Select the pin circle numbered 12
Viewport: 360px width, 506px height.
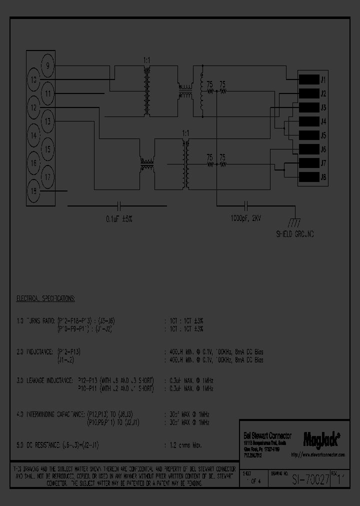pyautogui.click(x=33, y=107)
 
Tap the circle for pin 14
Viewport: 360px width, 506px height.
pyautogui.click(x=33, y=135)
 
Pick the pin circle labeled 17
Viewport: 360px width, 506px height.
pyautogui.click(x=48, y=176)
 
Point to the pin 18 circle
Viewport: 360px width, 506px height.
pyautogui.click(x=33, y=190)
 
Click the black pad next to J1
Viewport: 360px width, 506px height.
pyautogui.click(x=309, y=79)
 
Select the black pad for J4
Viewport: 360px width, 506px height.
pyautogui.click(x=309, y=121)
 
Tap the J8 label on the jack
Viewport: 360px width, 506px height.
pyautogui.click(x=323, y=177)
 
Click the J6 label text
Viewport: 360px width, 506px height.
pyautogui.click(x=323, y=149)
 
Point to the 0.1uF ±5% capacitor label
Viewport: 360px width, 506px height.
pyautogui.click(x=119, y=219)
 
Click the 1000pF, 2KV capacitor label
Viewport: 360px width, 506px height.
pyautogui.click(x=245, y=219)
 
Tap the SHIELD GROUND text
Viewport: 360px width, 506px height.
pyautogui.click(x=295, y=234)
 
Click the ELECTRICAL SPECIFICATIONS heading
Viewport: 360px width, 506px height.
pyautogui.click(x=45, y=298)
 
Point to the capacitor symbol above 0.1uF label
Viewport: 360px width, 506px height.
pyautogui.click(x=119, y=205)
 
